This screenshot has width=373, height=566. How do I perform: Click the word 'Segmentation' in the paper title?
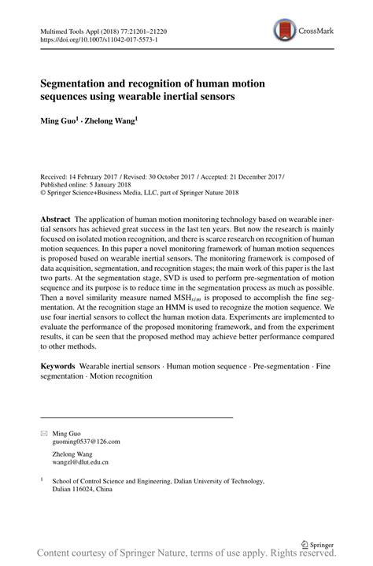(x=76, y=81)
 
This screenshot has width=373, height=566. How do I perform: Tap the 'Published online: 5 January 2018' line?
(x=85, y=187)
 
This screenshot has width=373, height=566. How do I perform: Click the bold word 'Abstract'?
(x=56, y=217)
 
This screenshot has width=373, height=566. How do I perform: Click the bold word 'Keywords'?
(x=58, y=366)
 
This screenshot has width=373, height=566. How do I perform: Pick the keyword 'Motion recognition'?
(x=121, y=376)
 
